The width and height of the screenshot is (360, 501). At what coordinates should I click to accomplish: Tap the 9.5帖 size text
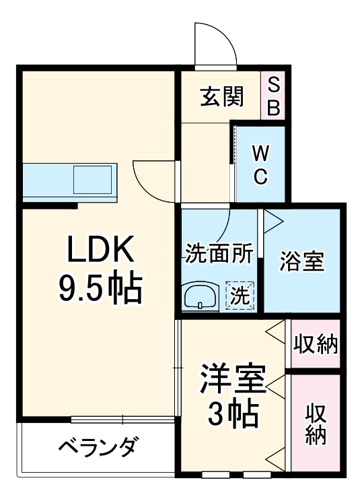click(x=101, y=289)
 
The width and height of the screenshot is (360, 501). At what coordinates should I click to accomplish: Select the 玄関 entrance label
click(x=221, y=98)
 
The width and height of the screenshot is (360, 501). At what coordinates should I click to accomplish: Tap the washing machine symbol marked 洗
click(x=240, y=294)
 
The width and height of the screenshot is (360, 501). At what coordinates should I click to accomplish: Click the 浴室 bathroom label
click(x=302, y=262)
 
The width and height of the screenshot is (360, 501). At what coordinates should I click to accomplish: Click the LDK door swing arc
click(x=153, y=180)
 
